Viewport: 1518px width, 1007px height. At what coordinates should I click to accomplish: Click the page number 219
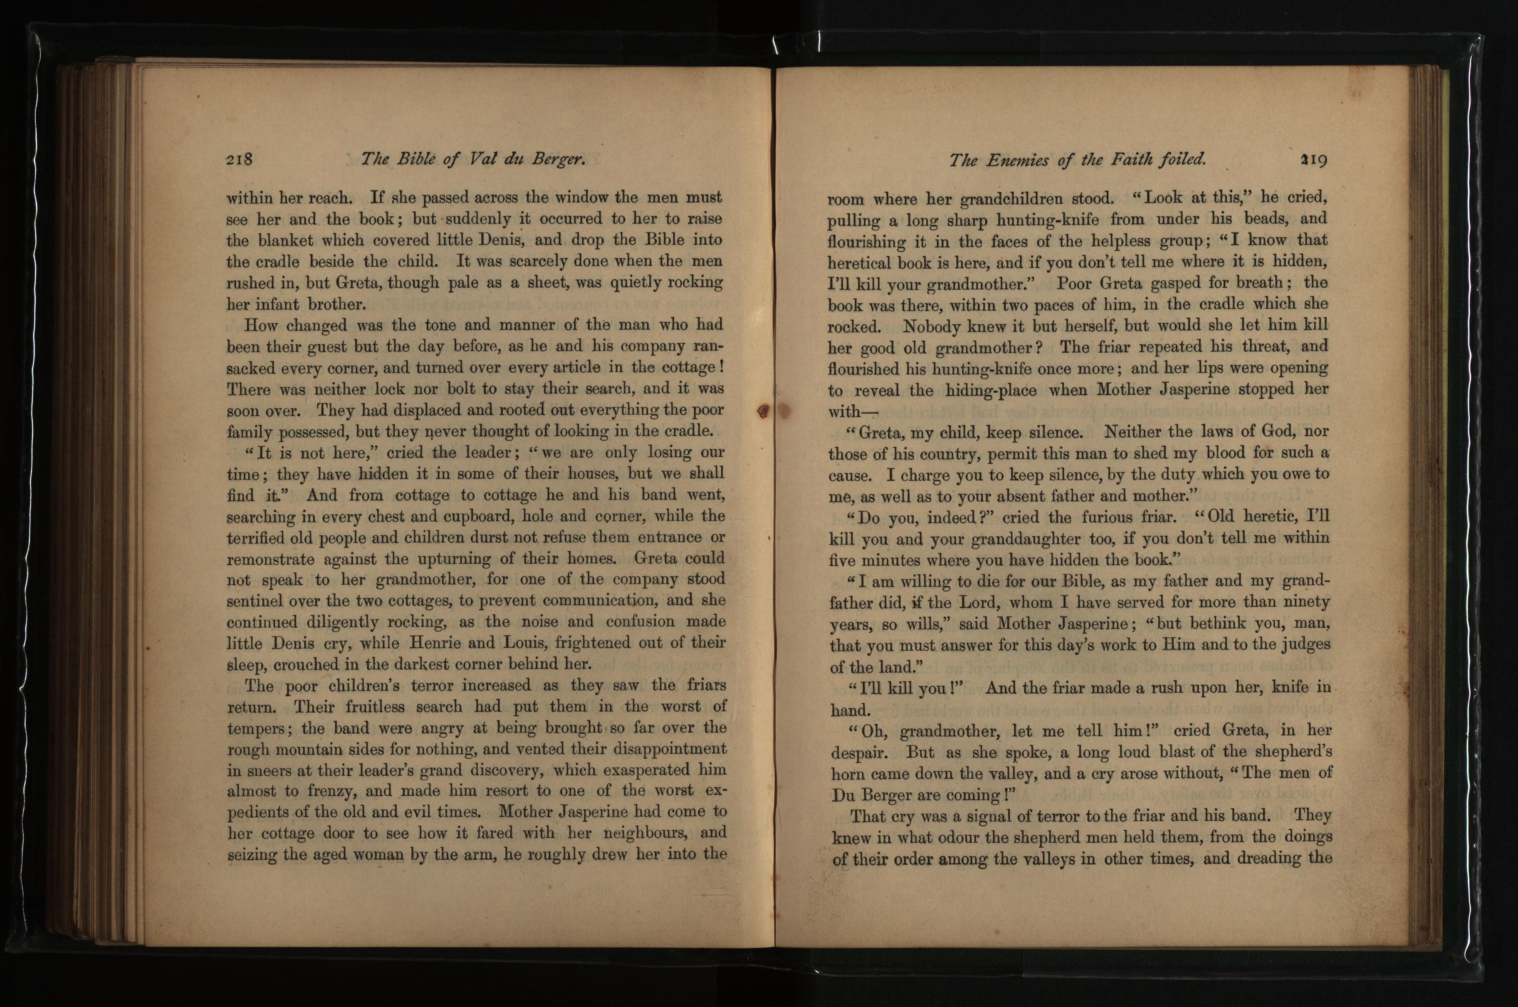[1313, 159]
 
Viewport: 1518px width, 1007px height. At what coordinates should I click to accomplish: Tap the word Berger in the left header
[558, 159]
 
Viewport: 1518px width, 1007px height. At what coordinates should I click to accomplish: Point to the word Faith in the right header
[1130, 159]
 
